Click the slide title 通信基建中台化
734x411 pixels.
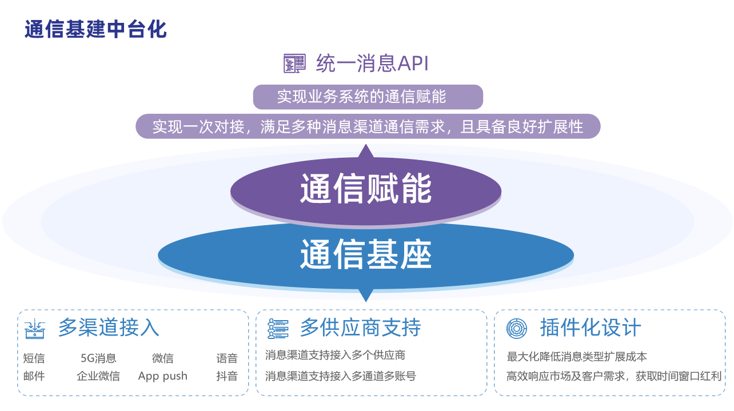(95, 29)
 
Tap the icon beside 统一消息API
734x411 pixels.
(294, 63)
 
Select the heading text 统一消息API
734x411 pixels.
(372, 63)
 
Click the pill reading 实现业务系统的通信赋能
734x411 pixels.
(368, 97)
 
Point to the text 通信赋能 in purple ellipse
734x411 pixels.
(366, 188)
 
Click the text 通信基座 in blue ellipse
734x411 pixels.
(366, 254)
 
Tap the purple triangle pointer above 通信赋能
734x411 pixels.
(366, 151)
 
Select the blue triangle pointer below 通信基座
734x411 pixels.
(366, 296)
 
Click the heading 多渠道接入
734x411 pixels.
(109, 328)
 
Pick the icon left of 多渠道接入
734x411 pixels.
(34, 329)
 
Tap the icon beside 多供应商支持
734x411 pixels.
(278, 329)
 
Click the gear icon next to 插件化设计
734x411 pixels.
(516, 329)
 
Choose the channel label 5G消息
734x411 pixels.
(99, 358)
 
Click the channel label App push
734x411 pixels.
(163, 376)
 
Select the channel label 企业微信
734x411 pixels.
(99, 376)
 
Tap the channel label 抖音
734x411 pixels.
(227, 376)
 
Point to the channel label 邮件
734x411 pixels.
(34, 376)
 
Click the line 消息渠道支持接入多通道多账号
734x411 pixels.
(341, 376)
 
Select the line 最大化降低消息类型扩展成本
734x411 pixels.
(577, 357)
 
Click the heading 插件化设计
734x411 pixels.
(591, 328)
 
